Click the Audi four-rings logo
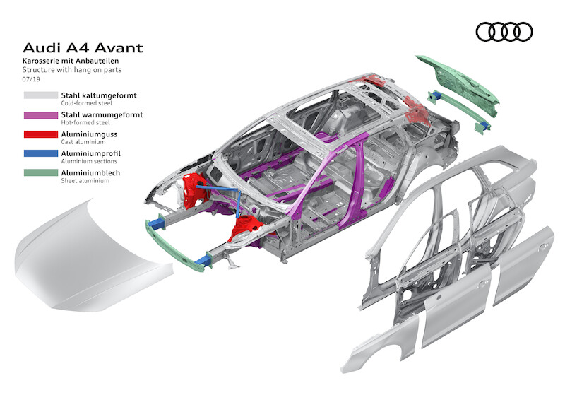point(504,32)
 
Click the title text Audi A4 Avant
point(83,48)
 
